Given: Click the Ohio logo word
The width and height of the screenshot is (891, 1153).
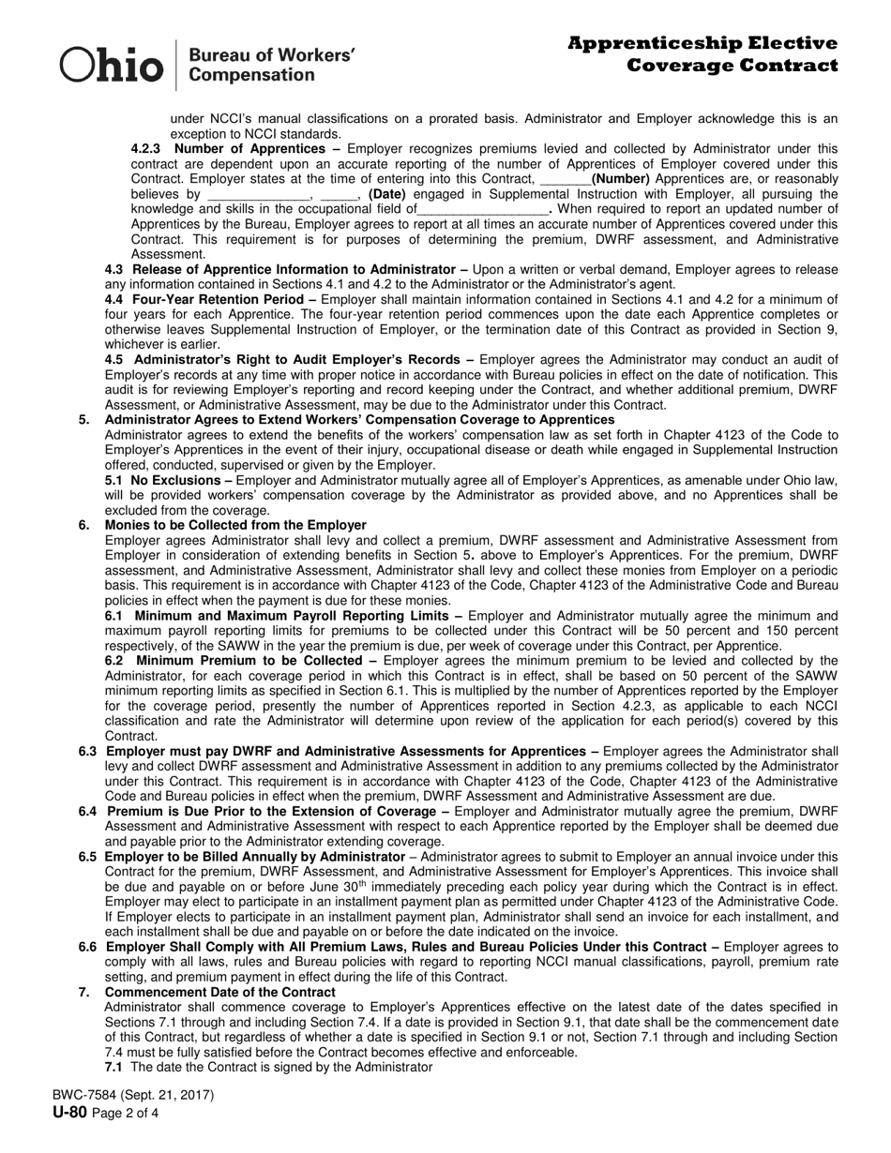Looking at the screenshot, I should click(x=112, y=66).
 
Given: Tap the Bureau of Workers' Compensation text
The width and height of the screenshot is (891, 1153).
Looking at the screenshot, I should click(x=272, y=66).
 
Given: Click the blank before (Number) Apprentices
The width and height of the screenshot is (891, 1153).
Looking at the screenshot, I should click(x=566, y=179).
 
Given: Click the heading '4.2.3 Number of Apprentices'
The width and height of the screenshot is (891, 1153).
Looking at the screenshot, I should click(x=235, y=149).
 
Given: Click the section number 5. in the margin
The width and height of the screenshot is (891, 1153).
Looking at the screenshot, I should click(x=84, y=419).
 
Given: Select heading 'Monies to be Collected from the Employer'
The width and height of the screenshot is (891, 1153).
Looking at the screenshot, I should click(x=235, y=525).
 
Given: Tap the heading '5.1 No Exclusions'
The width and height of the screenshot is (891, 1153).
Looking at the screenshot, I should click(x=167, y=480).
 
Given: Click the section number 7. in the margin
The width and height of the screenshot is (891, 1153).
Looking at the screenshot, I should click(x=84, y=992).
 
